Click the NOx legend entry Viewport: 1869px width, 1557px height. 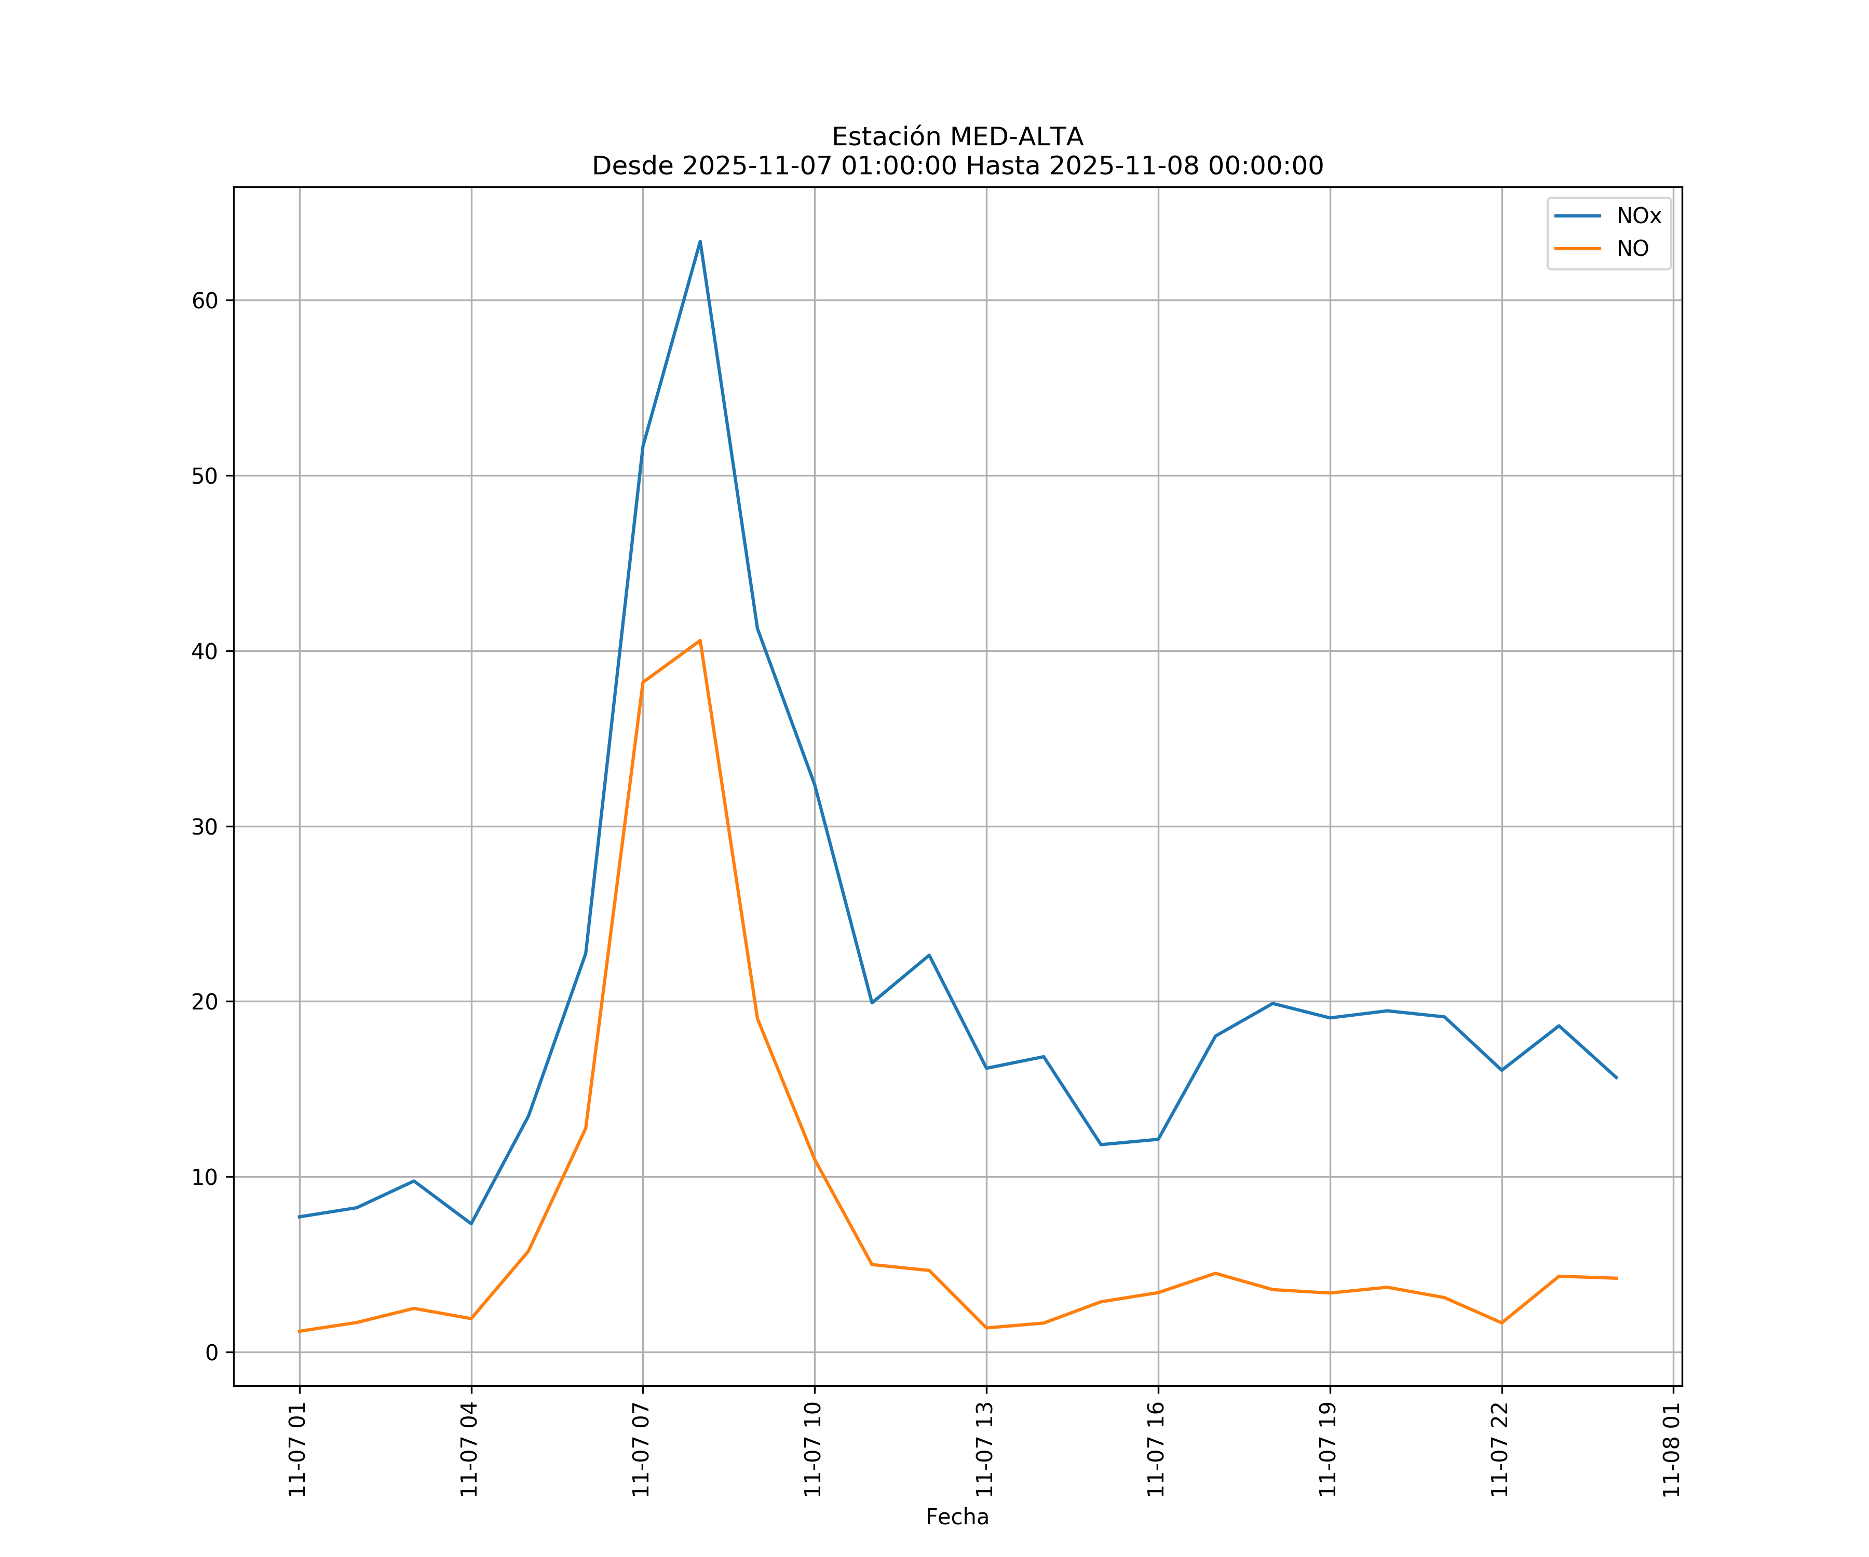pyautogui.click(x=1637, y=216)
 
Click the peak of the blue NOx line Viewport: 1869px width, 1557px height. pyautogui.click(x=699, y=241)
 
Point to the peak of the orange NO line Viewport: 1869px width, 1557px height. pyautogui.click(x=699, y=640)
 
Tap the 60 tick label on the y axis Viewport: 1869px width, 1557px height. pyautogui.click(x=205, y=301)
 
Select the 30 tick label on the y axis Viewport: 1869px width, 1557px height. pyautogui.click(x=205, y=827)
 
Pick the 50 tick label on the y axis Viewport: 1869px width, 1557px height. pyautogui.click(x=205, y=476)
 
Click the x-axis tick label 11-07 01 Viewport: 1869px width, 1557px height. pyautogui.click(x=297, y=1450)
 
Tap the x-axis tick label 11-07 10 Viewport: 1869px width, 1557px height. pyautogui.click(x=812, y=1450)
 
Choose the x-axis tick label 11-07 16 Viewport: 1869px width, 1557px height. pyautogui.click(x=1156, y=1450)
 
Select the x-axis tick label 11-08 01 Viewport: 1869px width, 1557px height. pyautogui.click(x=1671, y=1450)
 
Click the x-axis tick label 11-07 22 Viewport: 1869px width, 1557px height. pyautogui.click(x=1500, y=1450)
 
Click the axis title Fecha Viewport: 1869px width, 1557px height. pyautogui.click(x=957, y=1517)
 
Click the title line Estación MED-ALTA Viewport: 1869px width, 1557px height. pyautogui.click(x=957, y=137)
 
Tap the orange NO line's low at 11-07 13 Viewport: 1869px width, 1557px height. pyautogui.click(x=986, y=1328)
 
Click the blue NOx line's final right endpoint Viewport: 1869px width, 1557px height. pyautogui.click(x=1616, y=1078)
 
